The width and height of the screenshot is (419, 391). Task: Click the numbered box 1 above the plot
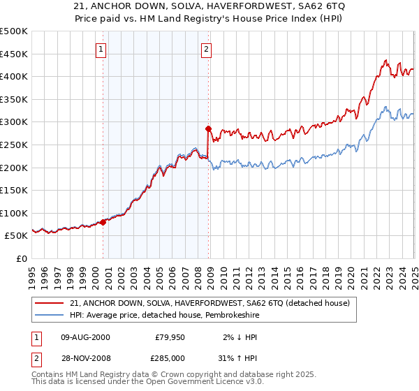102,49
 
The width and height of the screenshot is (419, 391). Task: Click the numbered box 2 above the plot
207,49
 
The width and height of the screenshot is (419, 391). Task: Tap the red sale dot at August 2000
103,222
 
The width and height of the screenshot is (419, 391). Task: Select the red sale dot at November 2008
208,128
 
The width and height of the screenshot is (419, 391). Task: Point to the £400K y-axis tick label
14,76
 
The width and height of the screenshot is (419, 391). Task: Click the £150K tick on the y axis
14,190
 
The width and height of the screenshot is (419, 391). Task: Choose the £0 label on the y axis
22,258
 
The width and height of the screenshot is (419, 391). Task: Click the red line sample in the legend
49,302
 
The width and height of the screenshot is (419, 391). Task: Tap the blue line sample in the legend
49,315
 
